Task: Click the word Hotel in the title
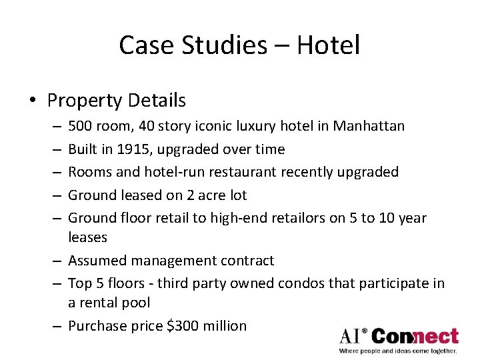(329, 45)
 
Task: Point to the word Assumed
(95, 260)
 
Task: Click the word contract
(247, 260)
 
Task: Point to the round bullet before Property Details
(33, 101)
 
